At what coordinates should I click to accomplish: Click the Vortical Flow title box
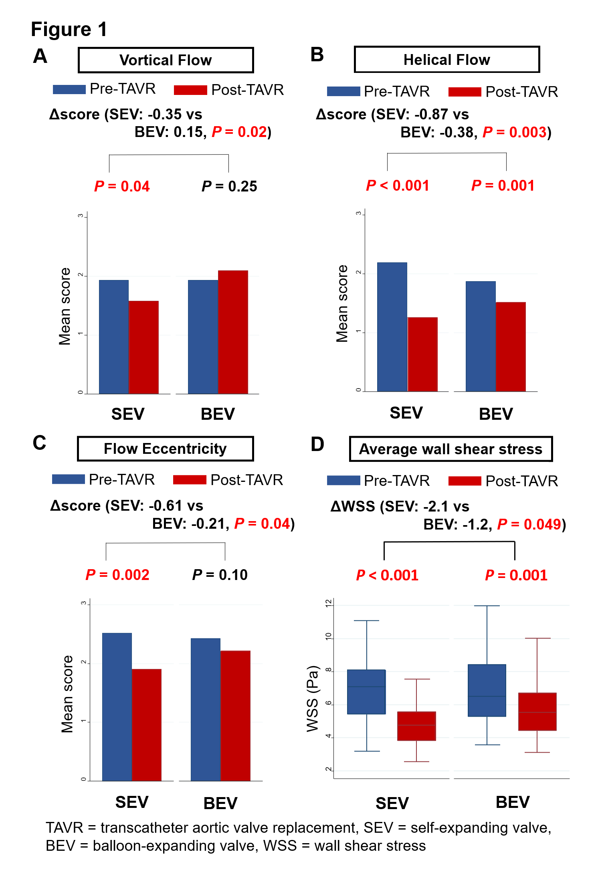pos(166,60)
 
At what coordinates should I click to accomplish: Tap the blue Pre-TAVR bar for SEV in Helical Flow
pos(392,326)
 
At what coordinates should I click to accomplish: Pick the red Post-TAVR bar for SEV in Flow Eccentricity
pos(147,725)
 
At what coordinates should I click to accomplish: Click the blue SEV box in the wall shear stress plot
pos(366,692)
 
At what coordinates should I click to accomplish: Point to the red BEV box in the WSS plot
pos(537,711)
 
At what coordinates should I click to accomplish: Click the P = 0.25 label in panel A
pos(229,186)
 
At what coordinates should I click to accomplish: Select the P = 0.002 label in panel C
pos(117,575)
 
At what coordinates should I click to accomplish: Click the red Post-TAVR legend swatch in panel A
pos(190,90)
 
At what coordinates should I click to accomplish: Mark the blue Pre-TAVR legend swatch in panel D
pos(343,481)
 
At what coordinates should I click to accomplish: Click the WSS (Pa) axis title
pos(312,699)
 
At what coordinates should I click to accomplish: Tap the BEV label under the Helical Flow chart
pos(496,414)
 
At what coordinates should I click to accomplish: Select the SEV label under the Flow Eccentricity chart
pos(132,802)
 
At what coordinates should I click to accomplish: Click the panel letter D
pos(317,445)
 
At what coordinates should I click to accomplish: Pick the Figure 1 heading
pos(69,30)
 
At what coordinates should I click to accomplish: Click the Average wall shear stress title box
pos(450,449)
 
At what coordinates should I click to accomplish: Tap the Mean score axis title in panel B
pos(342,304)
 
